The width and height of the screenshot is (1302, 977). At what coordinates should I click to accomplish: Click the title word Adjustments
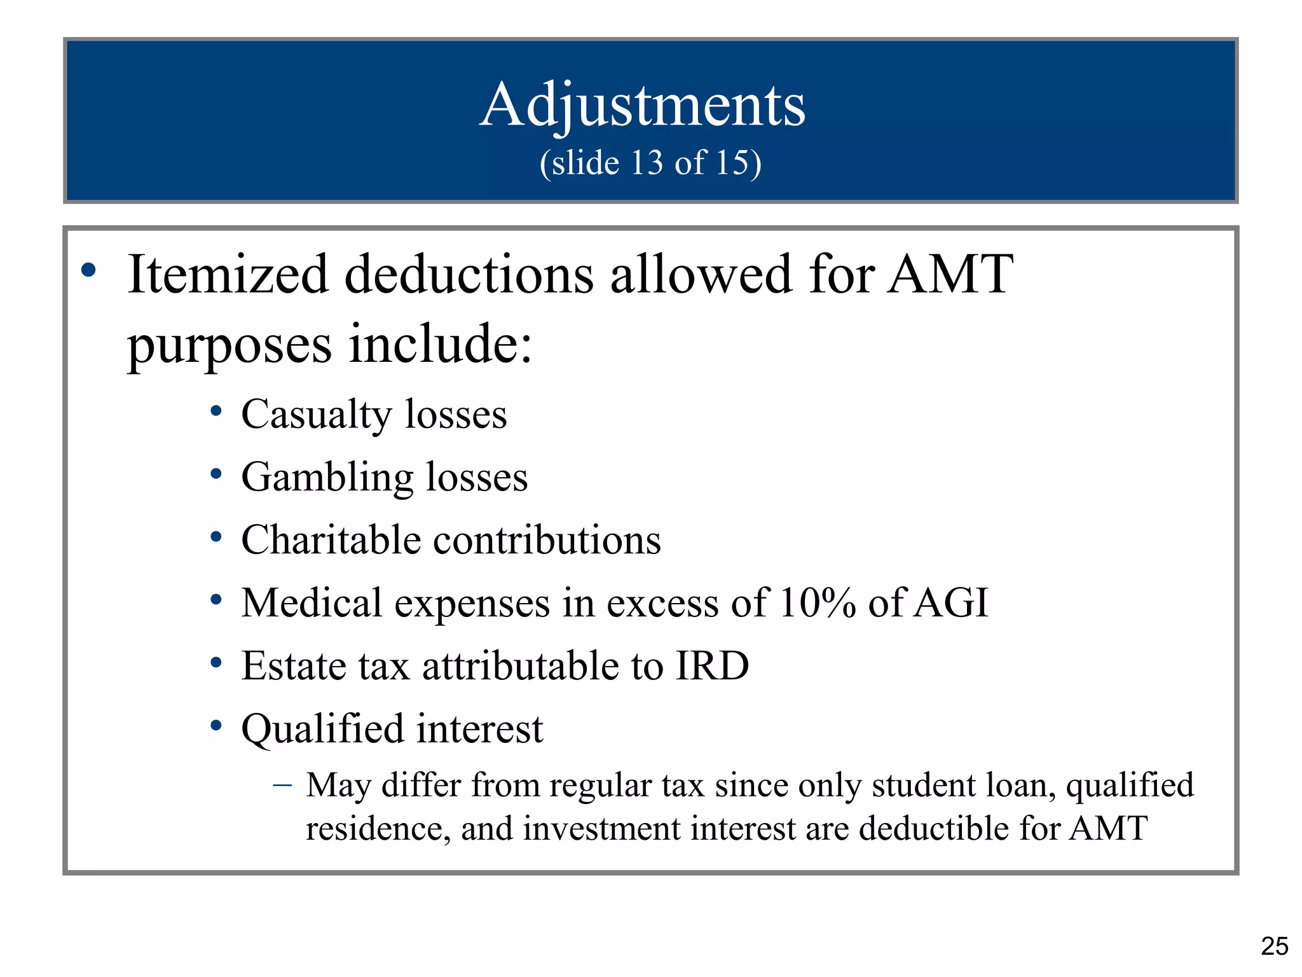642,105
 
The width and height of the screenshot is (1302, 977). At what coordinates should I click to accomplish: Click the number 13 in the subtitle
647,163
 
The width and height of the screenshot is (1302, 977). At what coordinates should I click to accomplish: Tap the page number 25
1274,946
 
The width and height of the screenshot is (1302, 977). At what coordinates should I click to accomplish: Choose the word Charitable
331,541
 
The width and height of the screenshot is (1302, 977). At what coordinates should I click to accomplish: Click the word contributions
547,541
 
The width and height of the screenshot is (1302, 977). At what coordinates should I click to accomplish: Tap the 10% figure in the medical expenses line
817,603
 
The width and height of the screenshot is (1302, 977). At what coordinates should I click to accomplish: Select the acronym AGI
951,603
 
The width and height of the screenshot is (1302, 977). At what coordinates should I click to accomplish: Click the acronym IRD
712,666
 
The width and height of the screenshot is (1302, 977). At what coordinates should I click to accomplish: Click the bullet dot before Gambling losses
216,474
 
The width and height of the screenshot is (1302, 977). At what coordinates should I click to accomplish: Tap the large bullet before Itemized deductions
88,270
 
